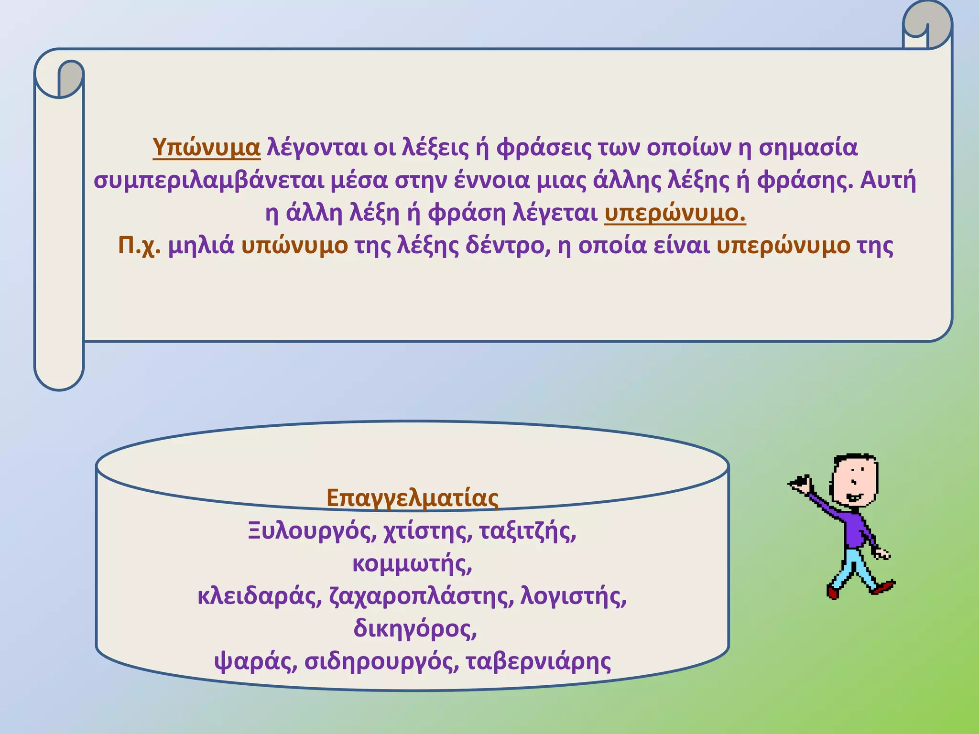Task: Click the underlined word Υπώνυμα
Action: pos(206,148)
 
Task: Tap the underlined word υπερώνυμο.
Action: pos(674,213)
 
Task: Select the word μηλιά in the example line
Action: pos(201,246)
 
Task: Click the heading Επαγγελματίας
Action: pos(413,498)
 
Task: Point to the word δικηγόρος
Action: pos(415,629)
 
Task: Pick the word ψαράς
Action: pos(256,662)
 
